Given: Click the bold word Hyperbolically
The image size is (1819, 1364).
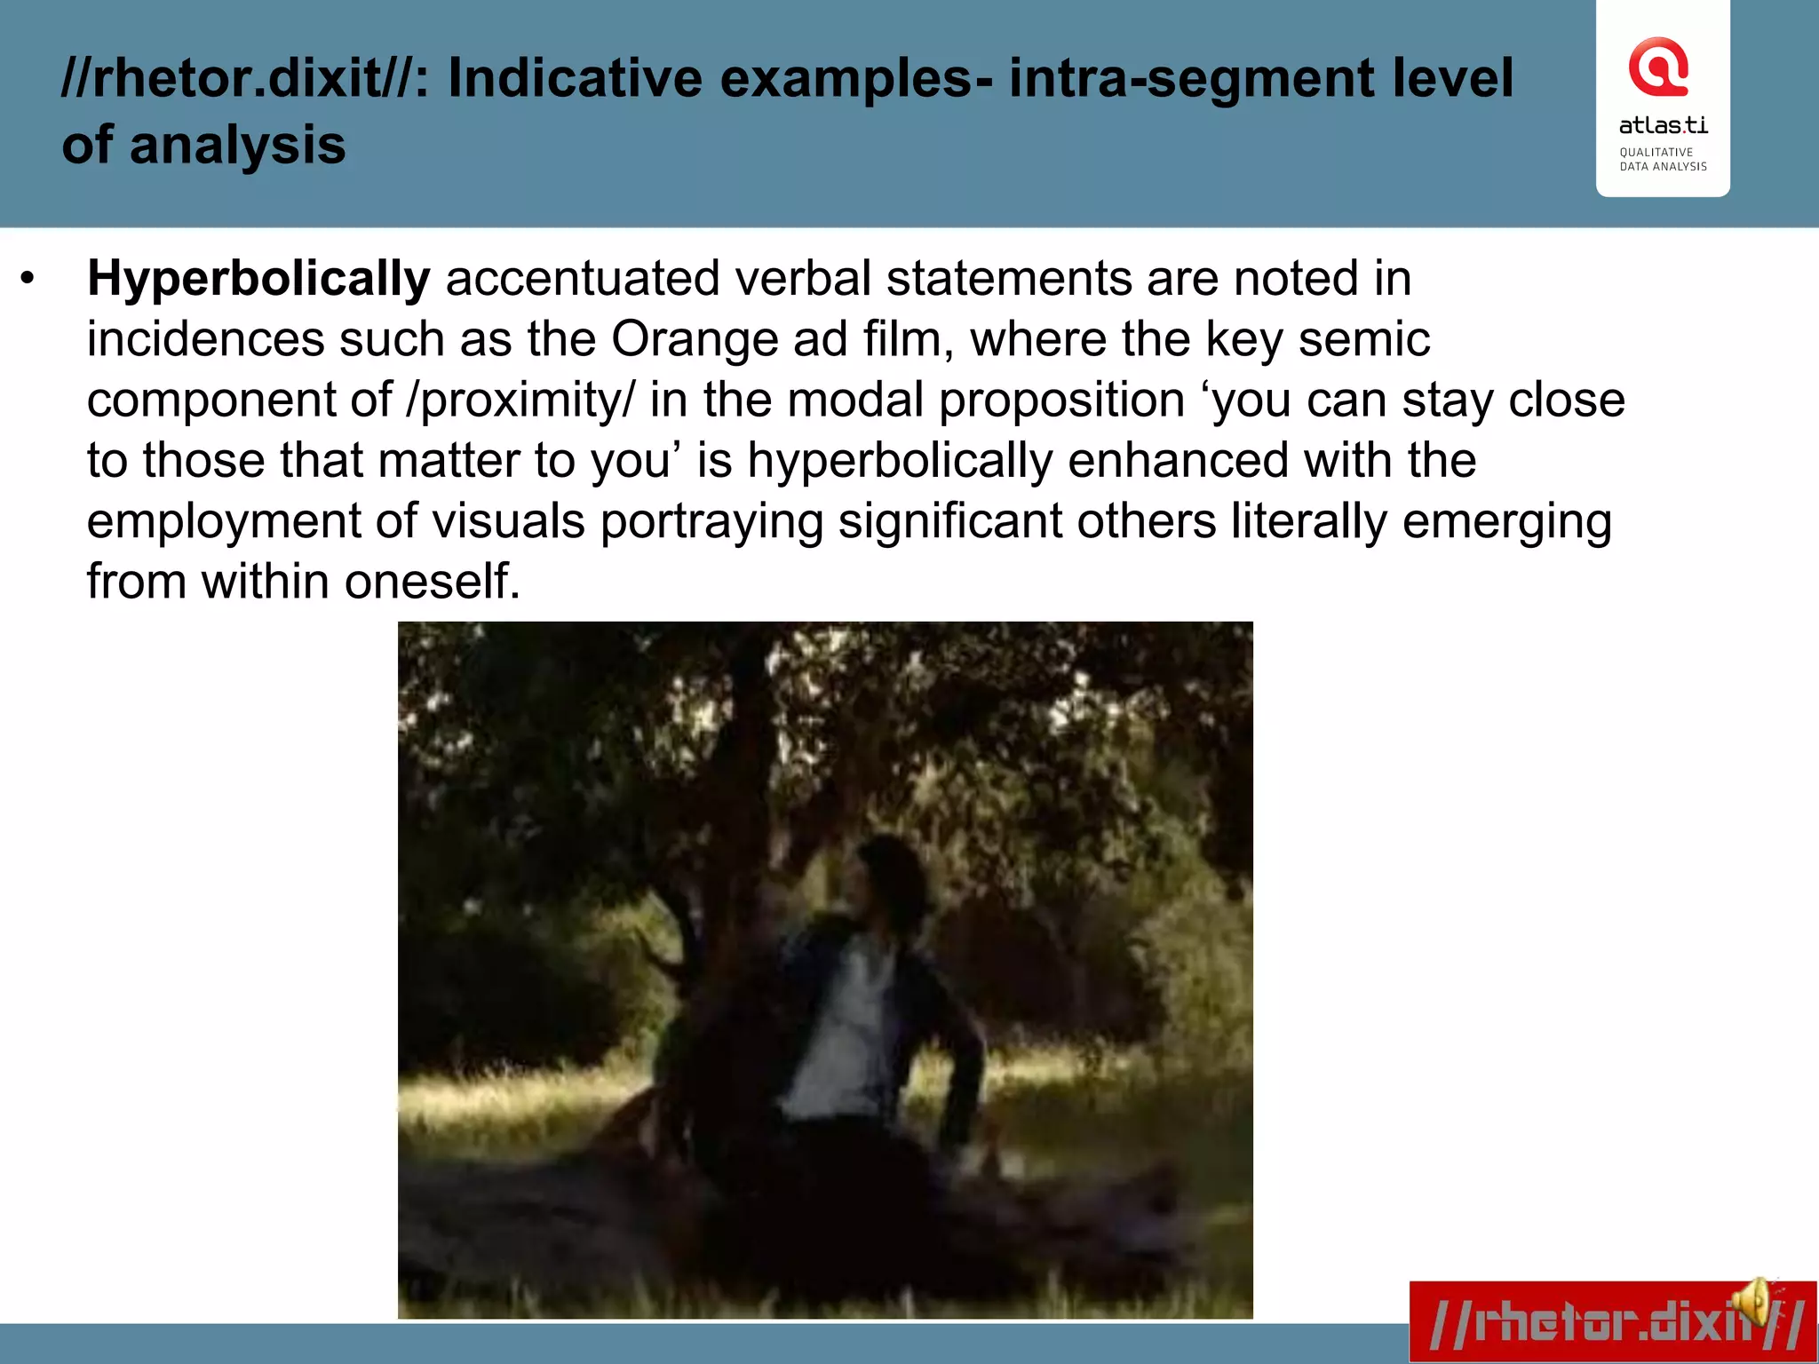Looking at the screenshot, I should point(258,280).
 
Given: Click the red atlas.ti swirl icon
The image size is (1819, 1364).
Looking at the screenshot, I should point(1657,67).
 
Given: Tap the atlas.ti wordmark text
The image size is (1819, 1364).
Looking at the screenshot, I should point(1663,125).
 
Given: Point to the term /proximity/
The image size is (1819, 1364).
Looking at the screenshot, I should point(520,400).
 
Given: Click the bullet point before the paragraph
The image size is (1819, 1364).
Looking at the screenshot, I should point(28,280).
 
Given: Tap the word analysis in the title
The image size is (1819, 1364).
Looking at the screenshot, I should point(237,146).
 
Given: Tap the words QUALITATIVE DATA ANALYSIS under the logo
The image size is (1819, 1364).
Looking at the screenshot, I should point(1663,160).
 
